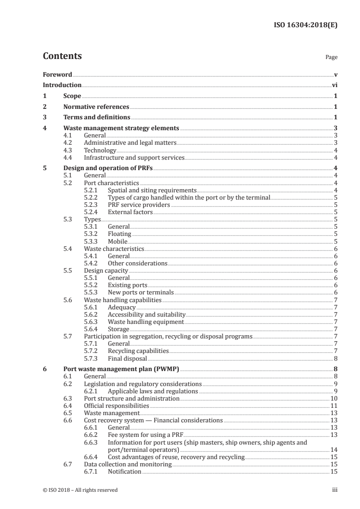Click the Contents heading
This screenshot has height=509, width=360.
pyautogui.click(x=62, y=56)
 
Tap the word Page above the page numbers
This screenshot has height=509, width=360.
pyautogui.click(x=331, y=58)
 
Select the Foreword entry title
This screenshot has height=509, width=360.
pyautogui.click(x=57, y=74)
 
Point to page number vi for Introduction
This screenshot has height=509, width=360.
pyautogui.click(x=334, y=85)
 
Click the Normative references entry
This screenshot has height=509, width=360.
pyautogui.click(x=96, y=107)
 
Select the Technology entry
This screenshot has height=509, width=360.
pyautogui.click(x=100, y=150)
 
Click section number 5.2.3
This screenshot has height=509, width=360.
pyautogui.click(x=92, y=205)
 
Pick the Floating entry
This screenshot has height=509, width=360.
pyautogui.click(x=119, y=234)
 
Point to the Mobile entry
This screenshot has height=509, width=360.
pyautogui.click(x=118, y=241)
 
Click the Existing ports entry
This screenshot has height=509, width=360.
pyautogui.click(x=128, y=285)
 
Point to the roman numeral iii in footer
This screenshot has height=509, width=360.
pyautogui.click(x=335, y=490)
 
